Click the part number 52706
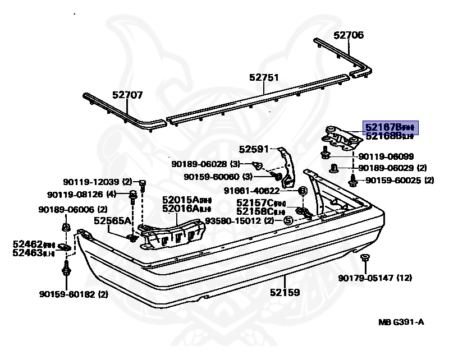[349, 35]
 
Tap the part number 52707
[127, 95]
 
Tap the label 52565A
[112, 221]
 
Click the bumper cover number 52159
[284, 292]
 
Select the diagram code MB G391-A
[401, 322]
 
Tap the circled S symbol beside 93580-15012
[288, 221]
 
